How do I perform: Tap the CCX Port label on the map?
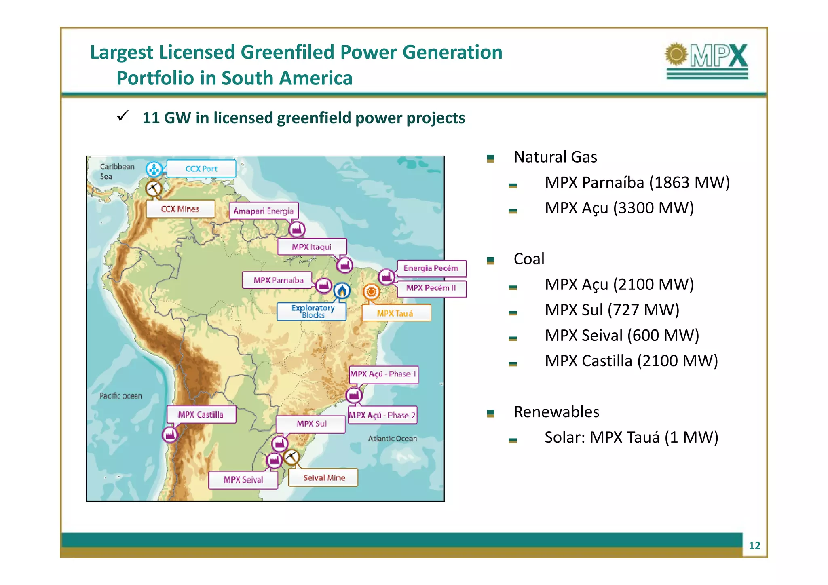click(x=201, y=169)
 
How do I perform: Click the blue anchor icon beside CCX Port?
click(x=154, y=169)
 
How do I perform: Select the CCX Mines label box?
click(x=180, y=209)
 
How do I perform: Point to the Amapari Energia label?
click(x=264, y=211)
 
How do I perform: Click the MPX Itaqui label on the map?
click(x=312, y=247)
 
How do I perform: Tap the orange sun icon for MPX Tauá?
click(x=371, y=291)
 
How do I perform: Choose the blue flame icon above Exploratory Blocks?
click(x=342, y=290)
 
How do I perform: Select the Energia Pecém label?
click(x=431, y=268)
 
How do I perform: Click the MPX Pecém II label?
click(x=431, y=288)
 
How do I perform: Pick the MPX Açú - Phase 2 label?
click(x=382, y=415)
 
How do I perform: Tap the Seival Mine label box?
click(x=323, y=478)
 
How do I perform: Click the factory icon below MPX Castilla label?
click(x=170, y=435)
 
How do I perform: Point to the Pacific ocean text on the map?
click(x=120, y=396)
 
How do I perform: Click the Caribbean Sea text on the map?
click(x=117, y=171)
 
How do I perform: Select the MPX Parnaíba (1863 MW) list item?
click(x=637, y=182)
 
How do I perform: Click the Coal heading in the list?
click(x=529, y=259)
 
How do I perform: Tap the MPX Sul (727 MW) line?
click(x=612, y=310)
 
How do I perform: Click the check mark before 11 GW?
click(x=123, y=116)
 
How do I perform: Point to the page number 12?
click(x=754, y=546)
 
